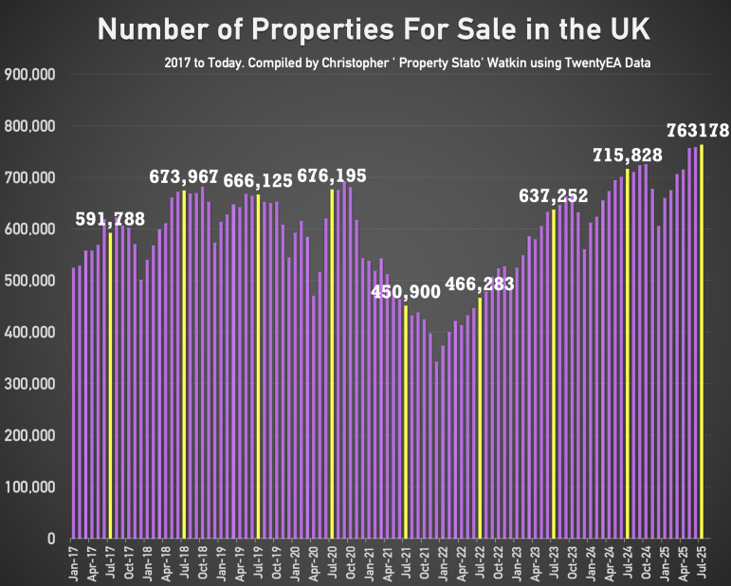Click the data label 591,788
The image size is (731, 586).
110,220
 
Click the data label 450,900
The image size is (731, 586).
406,292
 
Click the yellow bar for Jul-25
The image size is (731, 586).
702,341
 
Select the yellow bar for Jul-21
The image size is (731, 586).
406,422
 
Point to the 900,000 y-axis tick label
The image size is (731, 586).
31,74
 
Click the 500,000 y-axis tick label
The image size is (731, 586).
31,281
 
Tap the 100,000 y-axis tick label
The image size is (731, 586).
31,487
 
